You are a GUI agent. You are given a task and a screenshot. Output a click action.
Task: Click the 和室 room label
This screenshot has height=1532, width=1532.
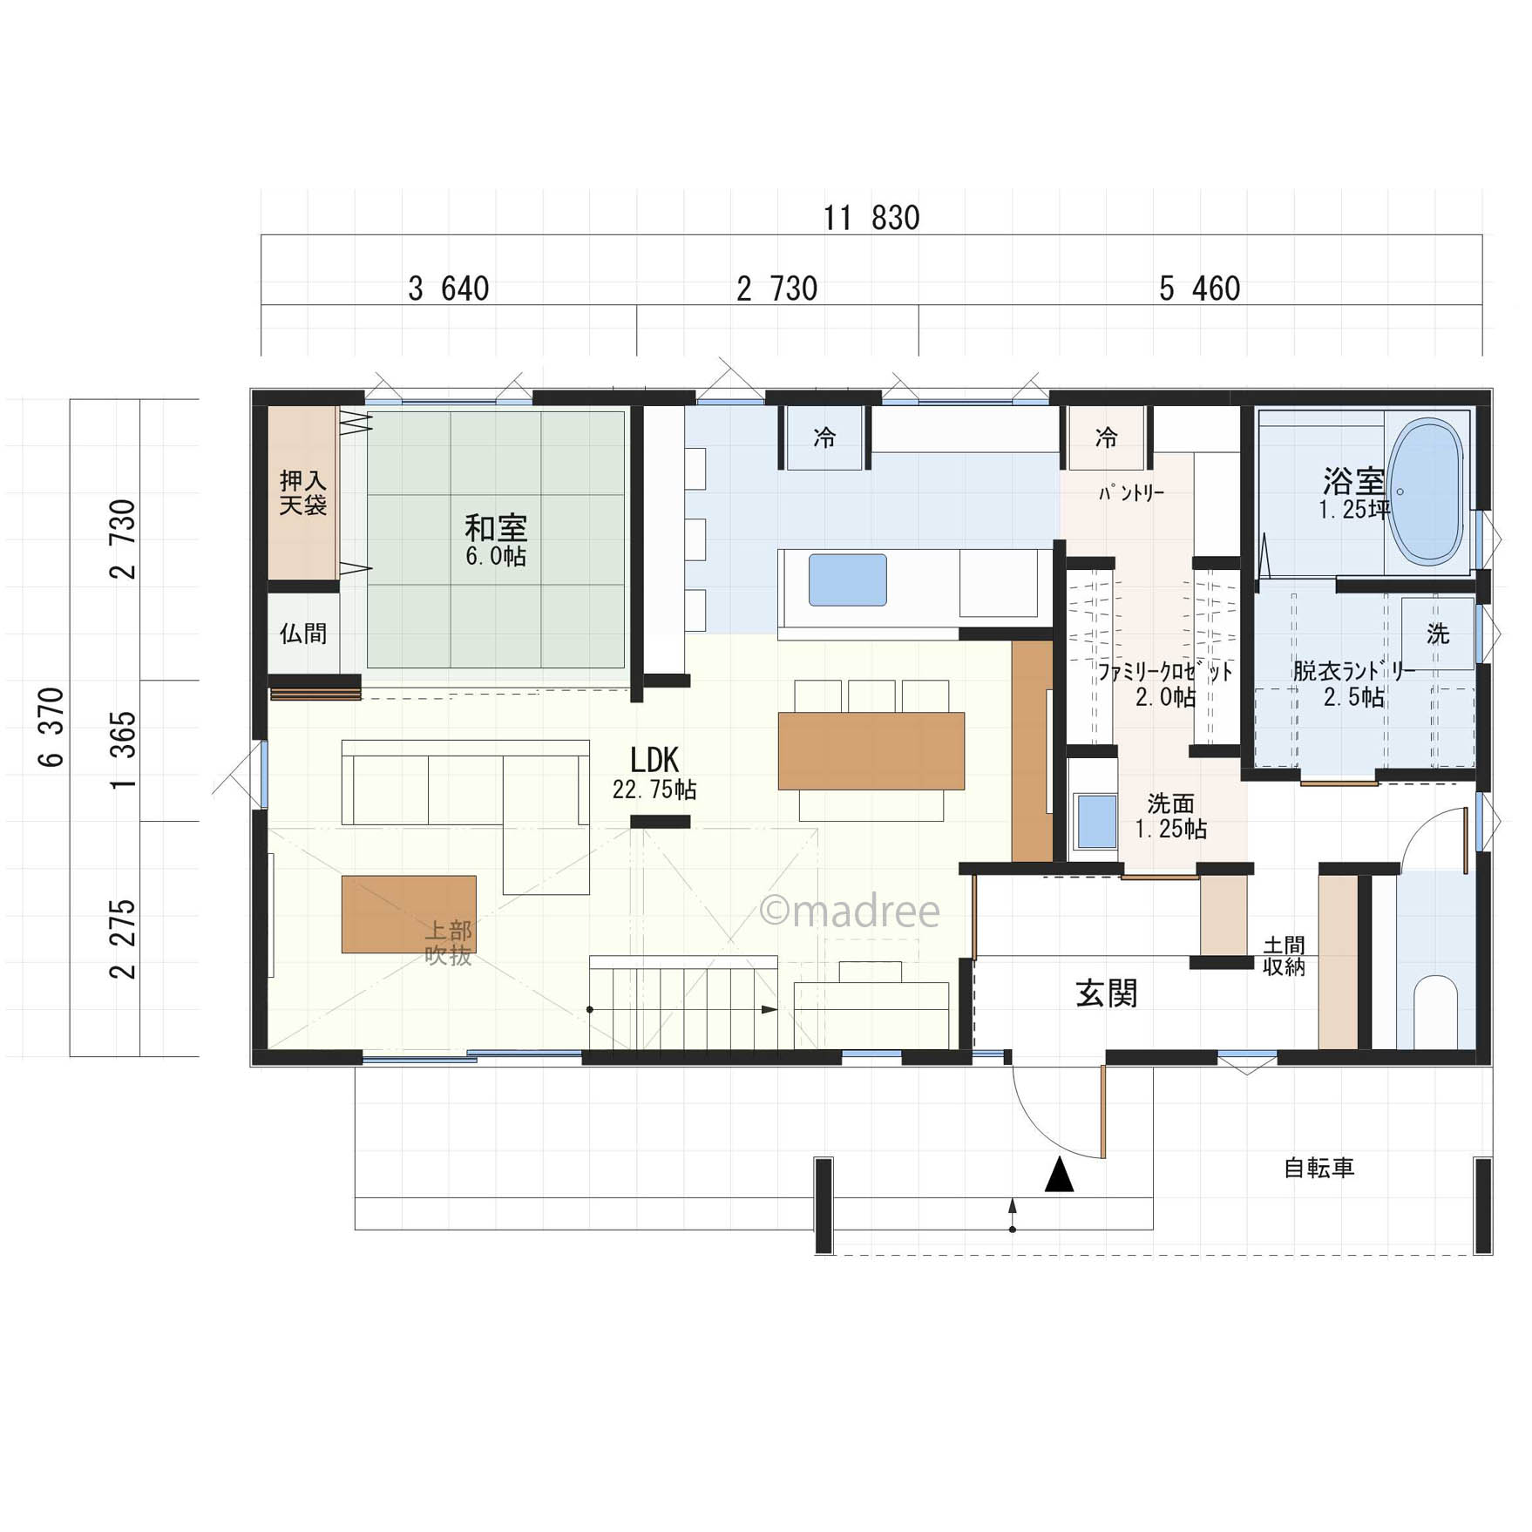tap(496, 528)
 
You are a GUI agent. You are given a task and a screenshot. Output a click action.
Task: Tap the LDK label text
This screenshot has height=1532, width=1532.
tap(654, 761)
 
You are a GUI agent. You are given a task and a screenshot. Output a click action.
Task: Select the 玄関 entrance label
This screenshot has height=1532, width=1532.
tap(1107, 993)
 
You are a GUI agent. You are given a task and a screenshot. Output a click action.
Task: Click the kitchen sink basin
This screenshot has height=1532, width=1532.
tap(847, 580)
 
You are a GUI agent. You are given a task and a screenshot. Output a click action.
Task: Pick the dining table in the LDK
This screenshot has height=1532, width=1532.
tap(871, 751)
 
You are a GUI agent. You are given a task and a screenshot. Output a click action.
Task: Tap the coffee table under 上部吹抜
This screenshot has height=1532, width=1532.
tap(409, 914)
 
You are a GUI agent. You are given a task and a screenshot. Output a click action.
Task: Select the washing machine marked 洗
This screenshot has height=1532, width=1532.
tap(1438, 634)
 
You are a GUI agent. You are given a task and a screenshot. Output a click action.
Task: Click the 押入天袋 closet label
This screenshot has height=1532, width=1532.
tap(303, 493)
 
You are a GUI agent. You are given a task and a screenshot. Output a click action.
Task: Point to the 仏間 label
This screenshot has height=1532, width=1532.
tap(303, 634)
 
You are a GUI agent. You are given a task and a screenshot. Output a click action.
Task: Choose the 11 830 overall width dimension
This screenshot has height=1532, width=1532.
tap(871, 218)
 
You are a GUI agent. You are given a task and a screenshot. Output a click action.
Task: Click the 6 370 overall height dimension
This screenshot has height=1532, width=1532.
tap(52, 728)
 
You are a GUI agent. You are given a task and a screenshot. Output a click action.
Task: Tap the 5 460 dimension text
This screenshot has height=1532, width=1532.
tap(1199, 288)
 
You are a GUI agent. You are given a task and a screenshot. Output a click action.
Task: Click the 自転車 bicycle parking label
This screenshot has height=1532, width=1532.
tap(1319, 1168)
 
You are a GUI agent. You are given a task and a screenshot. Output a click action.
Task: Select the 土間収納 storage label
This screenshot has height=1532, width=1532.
tap(1284, 956)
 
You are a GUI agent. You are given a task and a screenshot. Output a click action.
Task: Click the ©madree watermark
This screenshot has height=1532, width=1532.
tap(850, 911)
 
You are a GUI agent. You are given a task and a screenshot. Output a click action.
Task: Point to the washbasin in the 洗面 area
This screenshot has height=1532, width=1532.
tap(1095, 821)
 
